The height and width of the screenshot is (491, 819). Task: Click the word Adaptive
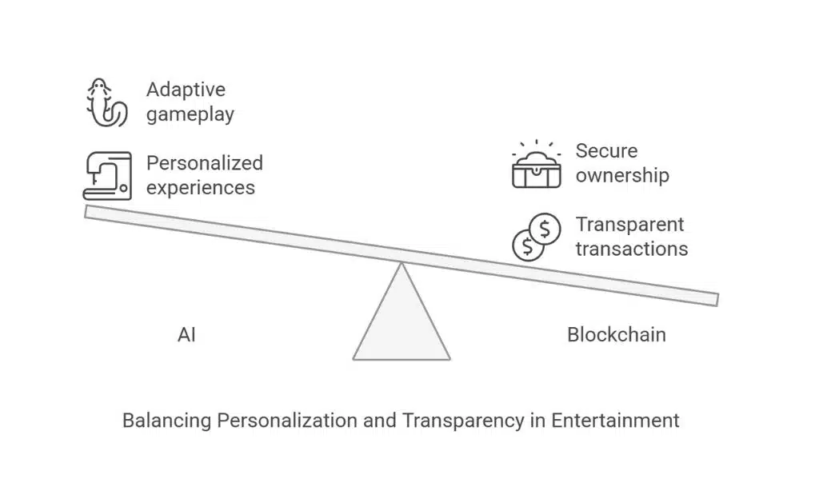pos(186,90)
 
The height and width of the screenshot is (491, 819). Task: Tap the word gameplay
pos(190,114)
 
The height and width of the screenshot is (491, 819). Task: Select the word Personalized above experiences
pos(204,163)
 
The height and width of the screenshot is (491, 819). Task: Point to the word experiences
pos(201,188)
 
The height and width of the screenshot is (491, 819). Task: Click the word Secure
pos(606,151)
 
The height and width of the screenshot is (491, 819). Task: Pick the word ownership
pos(622,175)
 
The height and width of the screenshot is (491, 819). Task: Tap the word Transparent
pos(630,225)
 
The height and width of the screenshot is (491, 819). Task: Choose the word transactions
pos(631,249)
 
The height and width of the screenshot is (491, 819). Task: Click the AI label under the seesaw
pos(186,334)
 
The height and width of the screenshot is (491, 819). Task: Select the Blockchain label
pos(616,334)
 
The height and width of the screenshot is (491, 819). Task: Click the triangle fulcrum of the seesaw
pos(402,324)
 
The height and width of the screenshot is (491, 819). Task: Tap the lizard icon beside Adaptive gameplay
pos(106,103)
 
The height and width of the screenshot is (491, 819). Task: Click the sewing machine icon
pos(106,175)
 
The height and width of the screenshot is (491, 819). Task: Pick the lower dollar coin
pos(527,245)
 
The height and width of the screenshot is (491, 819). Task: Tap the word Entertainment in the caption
pos(615,420)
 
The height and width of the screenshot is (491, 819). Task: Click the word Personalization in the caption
pos(281,420)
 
